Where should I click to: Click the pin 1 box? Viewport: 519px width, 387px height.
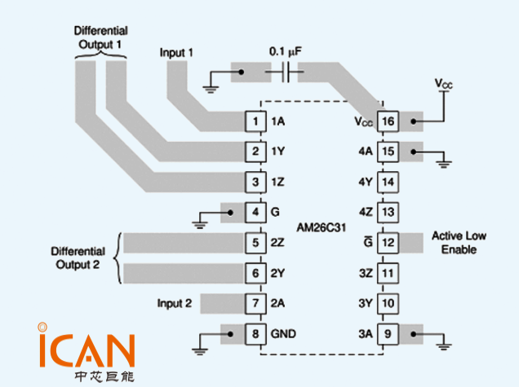click(x=257, y=121)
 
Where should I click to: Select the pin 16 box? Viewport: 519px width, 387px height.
click(x=388, y=121)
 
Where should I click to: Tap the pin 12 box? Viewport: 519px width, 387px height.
click(x=388, y=242)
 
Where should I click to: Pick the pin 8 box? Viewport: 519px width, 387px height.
click(x=257, y=333)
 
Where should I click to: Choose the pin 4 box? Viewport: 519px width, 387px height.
click(x=257, y=212)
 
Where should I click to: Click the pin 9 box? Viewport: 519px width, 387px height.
click(x=388, y=333)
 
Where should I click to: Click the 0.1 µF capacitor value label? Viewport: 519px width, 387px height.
click(x=286, y=51)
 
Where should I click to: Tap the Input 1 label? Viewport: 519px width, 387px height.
click(x=176, y=53)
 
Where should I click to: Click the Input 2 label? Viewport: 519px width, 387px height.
click(x=175, y=304)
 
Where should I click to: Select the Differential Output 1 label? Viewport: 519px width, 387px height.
click(x=100, y=37)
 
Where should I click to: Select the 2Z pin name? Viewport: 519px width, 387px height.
click(x=278, y=243)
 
